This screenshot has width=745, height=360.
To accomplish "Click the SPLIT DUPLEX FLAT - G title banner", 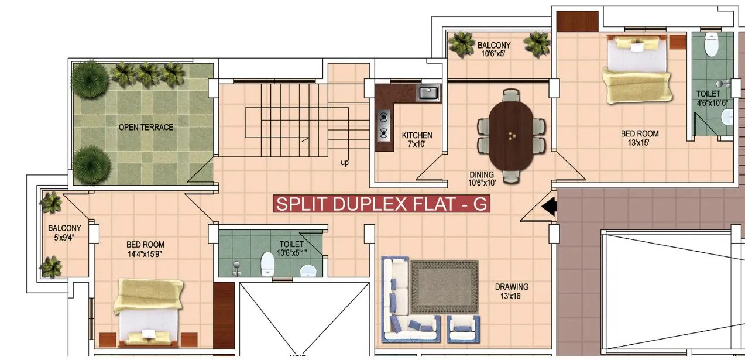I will (381, 204).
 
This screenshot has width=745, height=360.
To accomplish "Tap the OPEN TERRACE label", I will (146, 127).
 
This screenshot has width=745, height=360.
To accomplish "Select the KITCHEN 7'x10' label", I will (417, 139).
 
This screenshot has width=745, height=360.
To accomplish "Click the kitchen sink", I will (428, 92).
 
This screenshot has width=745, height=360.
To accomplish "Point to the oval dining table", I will (511, 135).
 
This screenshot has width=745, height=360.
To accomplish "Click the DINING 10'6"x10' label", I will (482, 179).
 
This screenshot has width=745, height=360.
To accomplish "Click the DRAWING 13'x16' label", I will (511, 292).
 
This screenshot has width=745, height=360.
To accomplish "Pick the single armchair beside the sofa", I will (464, 328).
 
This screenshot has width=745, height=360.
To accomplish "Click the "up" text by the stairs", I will (345, 163).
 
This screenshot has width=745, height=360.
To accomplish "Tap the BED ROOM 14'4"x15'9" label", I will (145, 249).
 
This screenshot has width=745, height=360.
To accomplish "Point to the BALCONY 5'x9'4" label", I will (64, 232).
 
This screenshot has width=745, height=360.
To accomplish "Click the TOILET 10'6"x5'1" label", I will (291, 248).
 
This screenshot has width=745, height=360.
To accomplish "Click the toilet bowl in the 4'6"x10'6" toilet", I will (712, 45).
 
